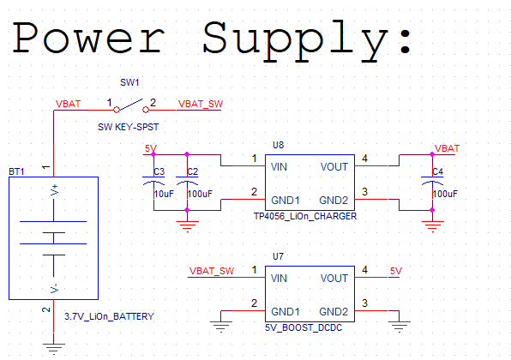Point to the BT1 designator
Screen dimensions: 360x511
coord(16,171)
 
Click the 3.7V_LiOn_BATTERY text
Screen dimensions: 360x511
coord(110,316)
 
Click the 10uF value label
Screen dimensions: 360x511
coord(163,195)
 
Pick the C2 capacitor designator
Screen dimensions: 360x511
coord(192,172)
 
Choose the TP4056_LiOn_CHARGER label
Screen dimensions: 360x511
coord(304,217)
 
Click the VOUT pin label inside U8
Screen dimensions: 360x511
coord(334,166)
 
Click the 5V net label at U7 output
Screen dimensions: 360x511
coord(395,271)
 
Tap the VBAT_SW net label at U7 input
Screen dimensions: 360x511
coord(212,272)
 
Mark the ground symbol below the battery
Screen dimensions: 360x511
coord(54,347)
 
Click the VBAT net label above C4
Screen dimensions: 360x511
coord(448,148)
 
